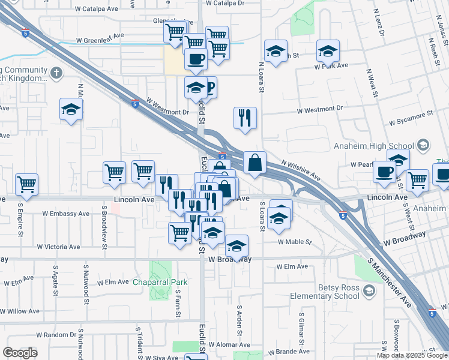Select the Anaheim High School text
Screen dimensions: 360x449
click(x=374, y=146)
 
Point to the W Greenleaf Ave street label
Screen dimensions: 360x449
click(x=100, y=42)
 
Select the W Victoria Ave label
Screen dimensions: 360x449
click(x=58, y=247)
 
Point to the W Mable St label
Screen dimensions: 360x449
click(x=295, y=242)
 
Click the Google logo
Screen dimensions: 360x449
click(x=20, y=353)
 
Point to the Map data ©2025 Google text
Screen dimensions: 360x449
click(x=412, y=355)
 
